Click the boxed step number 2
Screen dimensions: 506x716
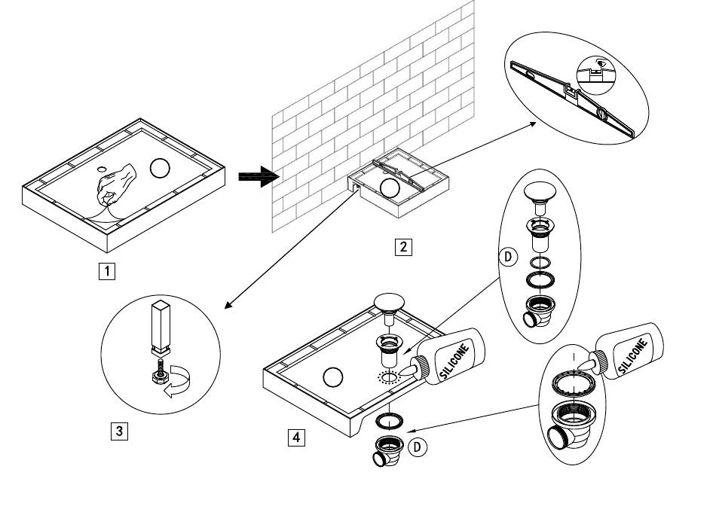pyautogui.click(x=404, y=247)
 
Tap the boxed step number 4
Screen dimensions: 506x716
pyautogui.click(x=297, y=436)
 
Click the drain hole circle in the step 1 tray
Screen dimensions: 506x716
pyautogui.click(x=160, y=167)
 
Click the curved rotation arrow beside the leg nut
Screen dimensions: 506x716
pyautogui.click(x=178, y=379)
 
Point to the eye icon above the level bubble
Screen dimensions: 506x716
pyautogui.click(x=597, y=66)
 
